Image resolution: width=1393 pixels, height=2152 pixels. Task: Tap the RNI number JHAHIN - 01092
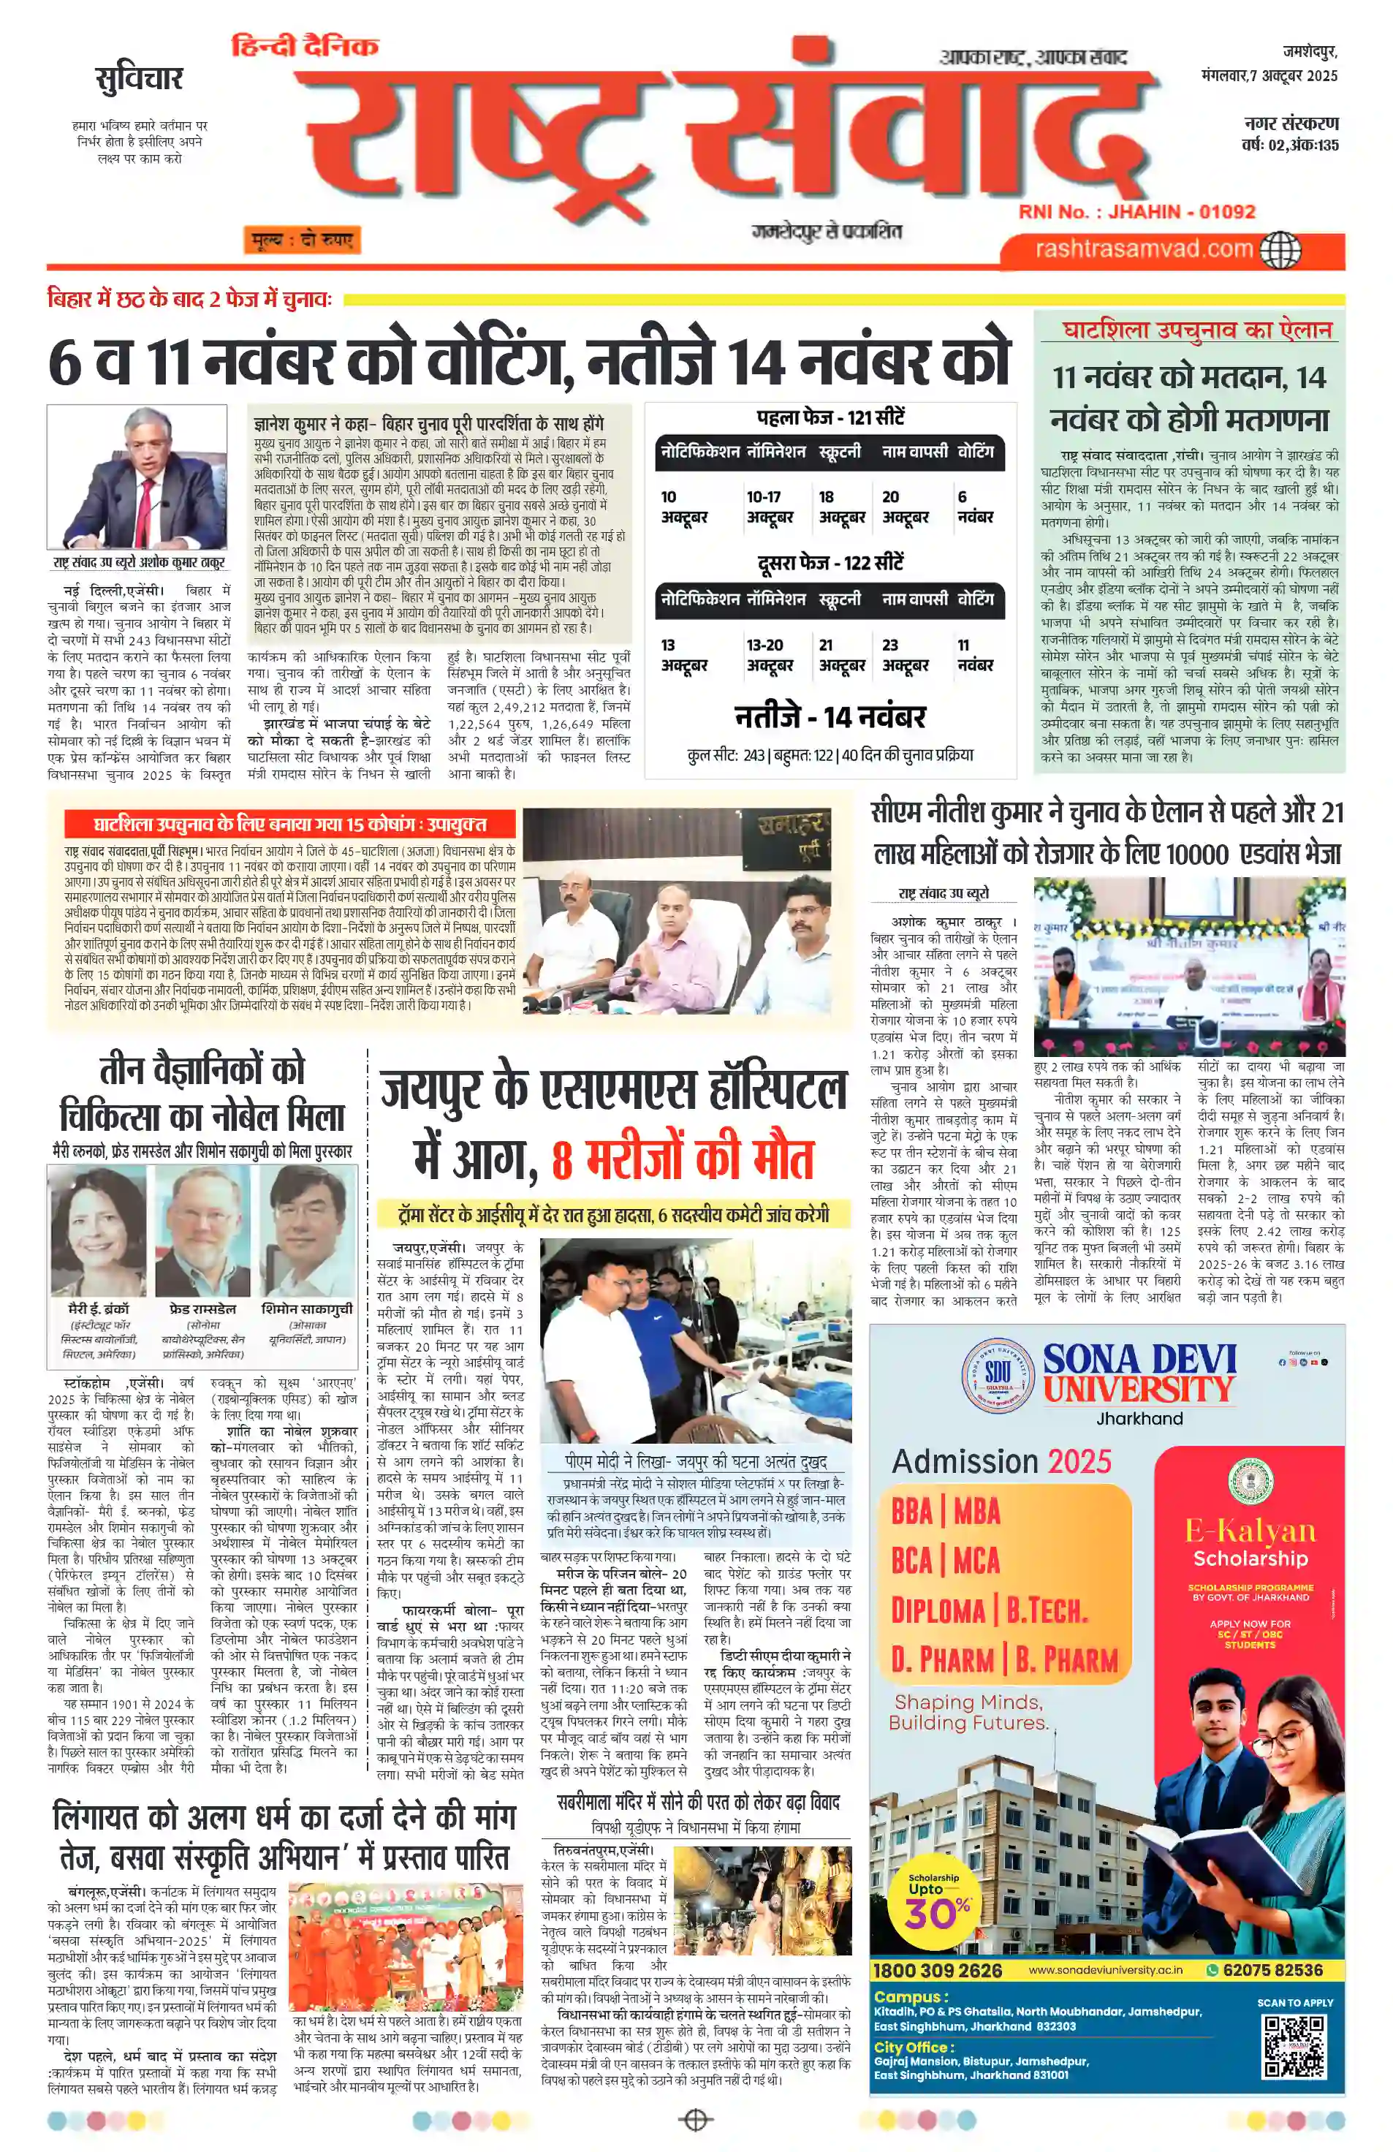[x=1136, y=211]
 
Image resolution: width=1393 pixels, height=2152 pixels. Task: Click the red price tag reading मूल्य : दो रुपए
[x=301, y=240]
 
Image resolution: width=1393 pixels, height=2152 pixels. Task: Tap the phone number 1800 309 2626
[x=938, y=1969]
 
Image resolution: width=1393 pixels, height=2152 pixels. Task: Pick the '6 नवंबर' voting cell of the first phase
[x=974, y=507]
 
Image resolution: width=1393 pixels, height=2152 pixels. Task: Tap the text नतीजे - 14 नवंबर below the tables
[x=829, y=717]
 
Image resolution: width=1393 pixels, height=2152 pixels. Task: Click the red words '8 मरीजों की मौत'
[x=683, y=1160]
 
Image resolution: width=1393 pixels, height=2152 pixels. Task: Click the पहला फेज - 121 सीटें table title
[x=829, y=417]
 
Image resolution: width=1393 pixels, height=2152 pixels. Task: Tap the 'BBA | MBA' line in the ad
[x=945, y=1511]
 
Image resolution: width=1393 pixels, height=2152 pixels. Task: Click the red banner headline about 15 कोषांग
[x=290, y=824]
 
